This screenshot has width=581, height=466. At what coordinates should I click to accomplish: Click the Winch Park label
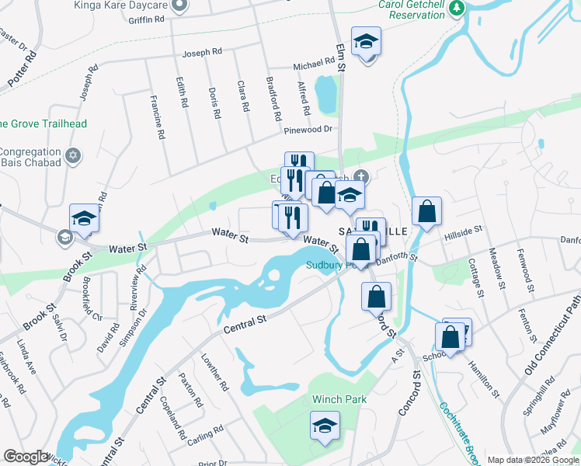pyautogui.click(x=339, y=399)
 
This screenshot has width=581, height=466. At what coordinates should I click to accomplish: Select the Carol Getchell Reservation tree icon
pyautogui.click(x=457, y=8)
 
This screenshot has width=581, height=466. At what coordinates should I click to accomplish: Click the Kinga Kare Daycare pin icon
pyautogui.click(x=179, y=5)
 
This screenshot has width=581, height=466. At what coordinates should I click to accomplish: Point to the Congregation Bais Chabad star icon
pyautogui.click(x=74, y=155)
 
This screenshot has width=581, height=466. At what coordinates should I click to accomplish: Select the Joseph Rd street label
pyautogui.click(x=202, y=53)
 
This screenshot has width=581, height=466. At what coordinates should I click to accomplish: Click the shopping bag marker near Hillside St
pyautogui.click(x=426, y=212)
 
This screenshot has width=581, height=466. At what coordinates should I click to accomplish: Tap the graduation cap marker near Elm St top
pyautogui.click(x=365, y=41)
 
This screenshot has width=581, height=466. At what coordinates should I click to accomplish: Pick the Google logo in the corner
pyautogui.click(x=26, y=457)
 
